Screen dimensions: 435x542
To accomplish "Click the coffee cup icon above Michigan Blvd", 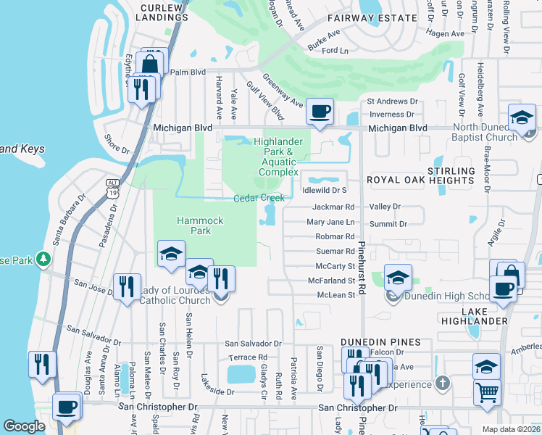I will point(320,112).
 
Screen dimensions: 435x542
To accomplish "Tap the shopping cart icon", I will point(487,392).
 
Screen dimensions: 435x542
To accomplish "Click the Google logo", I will point(25,426).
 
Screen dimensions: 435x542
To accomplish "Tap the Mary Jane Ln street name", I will point(331,222).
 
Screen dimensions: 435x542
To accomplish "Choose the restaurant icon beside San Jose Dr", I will point(128,286).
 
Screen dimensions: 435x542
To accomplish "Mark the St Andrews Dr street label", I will point(393,102).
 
